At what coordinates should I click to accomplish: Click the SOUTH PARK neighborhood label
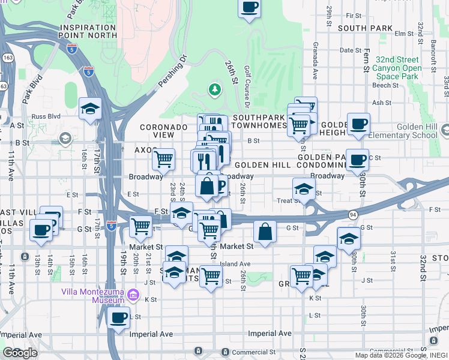click(365, 28)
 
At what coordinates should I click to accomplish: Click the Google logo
click(20, 353)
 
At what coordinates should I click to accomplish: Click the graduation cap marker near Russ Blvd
click(90, 109)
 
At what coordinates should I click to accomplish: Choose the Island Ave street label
click(235, 263)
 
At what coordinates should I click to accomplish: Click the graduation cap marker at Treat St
click(304, 189)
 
